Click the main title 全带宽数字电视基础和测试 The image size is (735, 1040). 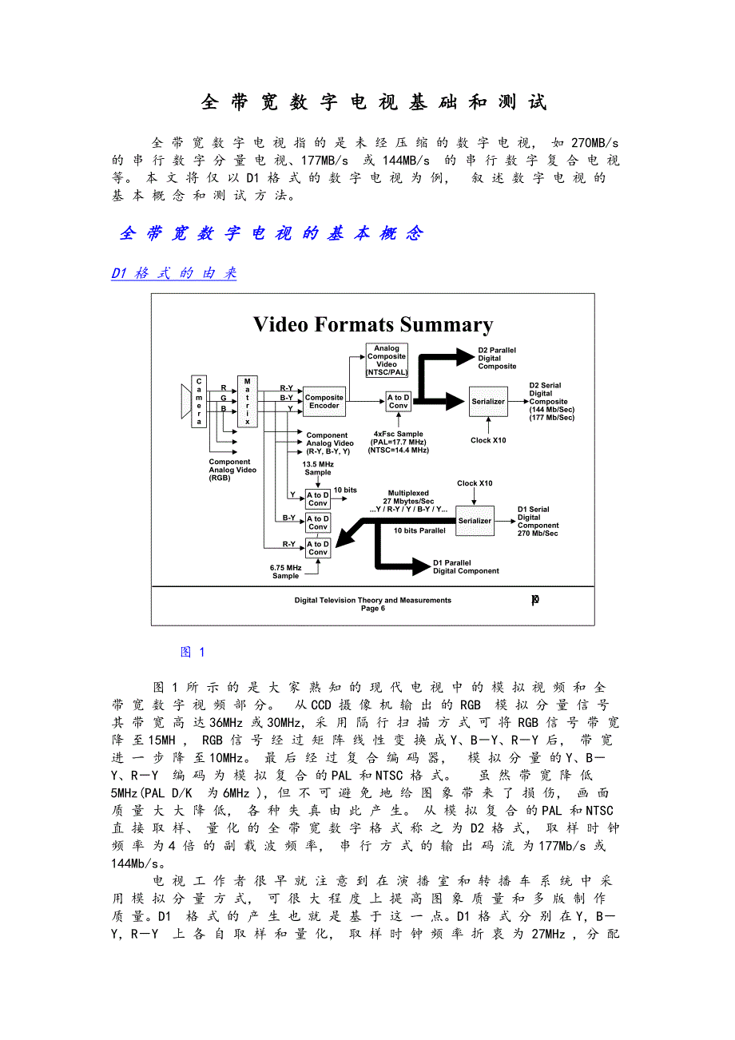click(x=373, y=102)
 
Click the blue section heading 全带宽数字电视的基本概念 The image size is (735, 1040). click(x=271, y=233)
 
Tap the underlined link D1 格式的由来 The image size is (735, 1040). click(x=174, y=273)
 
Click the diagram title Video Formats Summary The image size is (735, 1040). click(x=372, y=324)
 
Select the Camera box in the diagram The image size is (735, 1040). click(x=199, y=402)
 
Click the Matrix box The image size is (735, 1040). click(x=248, y=401)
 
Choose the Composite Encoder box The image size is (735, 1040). click(x=324, y=402)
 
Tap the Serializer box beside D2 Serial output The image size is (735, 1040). click(x=487, y=402)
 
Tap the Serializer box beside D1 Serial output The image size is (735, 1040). click(x=475, y=521)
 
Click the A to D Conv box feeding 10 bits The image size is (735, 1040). click(x=318, y=499)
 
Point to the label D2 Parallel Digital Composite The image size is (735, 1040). click(x=497, y=358)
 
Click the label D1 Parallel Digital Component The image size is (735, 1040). click(x=466, y=566)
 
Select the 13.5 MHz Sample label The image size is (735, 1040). click(x=317, y=468)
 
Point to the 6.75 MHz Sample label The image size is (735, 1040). click(x=285, y=572)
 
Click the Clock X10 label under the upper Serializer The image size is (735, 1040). click(x=488, y=440)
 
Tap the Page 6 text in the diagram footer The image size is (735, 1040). click(x=372, y=609)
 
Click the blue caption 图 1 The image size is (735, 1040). click(x=193, y=653)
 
